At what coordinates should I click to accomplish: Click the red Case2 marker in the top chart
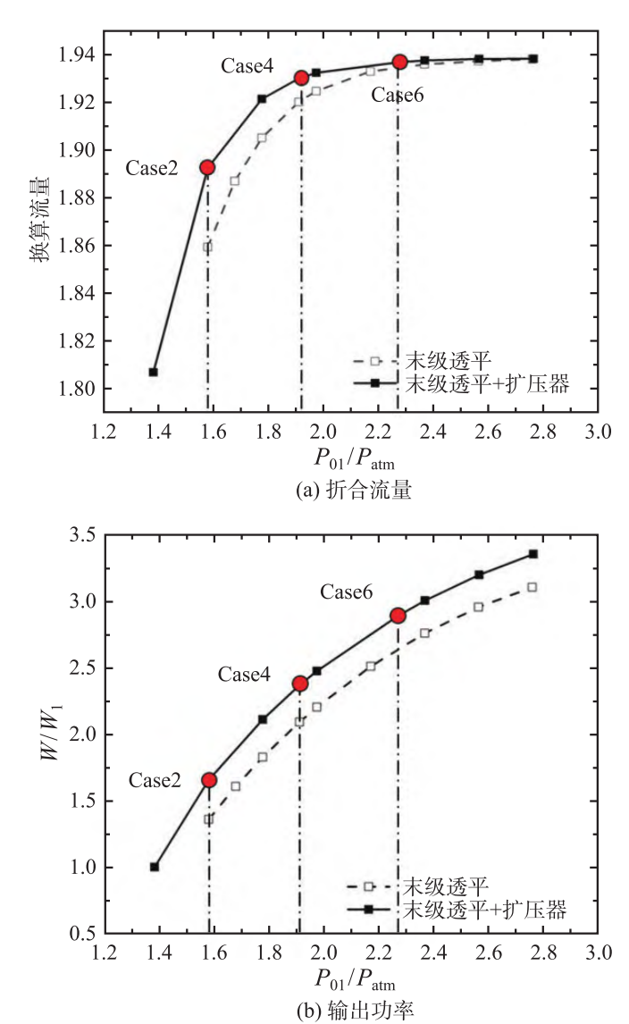tap(207, 167)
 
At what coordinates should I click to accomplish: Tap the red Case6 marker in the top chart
tap(399, 62)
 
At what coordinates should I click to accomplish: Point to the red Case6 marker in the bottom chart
tap(398, 616)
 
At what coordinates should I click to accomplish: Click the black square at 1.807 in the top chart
tap(154, 372)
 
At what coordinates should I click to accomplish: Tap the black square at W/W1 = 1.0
tap(155, 867)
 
